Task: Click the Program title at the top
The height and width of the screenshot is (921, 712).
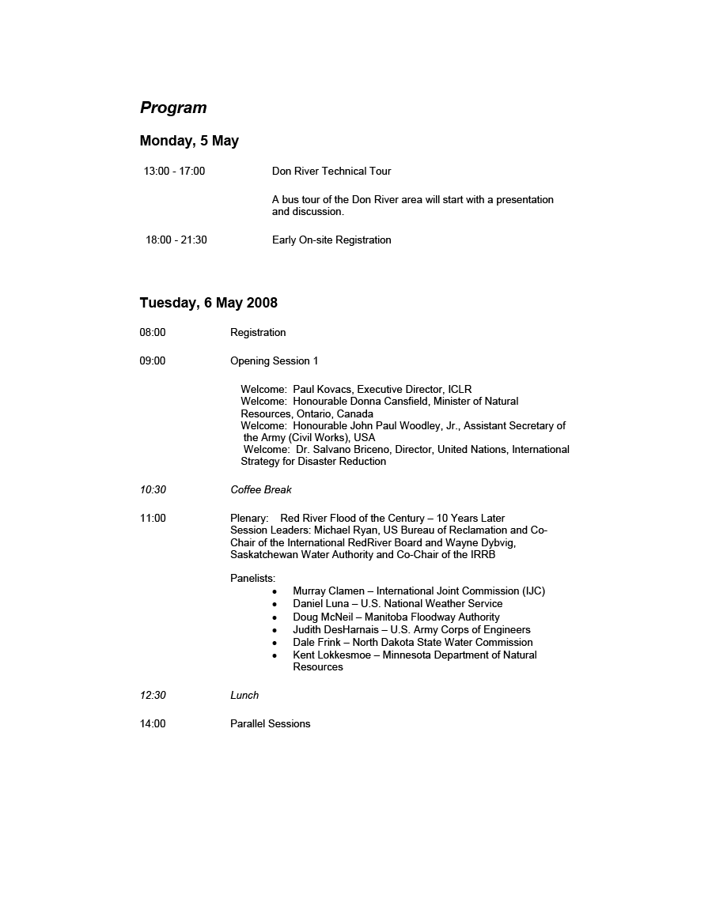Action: coord(173,108)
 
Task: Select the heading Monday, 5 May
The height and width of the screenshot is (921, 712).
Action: coord(189,141)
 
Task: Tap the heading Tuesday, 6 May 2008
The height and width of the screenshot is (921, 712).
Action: coord(208,303)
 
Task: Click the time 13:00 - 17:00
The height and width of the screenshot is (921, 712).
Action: coord(174,171)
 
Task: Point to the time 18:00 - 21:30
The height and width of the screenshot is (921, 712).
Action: coord(176,240)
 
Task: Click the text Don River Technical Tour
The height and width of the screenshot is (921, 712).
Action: coord(331,171)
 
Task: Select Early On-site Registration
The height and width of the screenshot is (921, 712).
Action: coord(331,240)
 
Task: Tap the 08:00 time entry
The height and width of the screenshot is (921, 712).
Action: coord(153,332)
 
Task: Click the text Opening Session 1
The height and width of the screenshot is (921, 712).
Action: coord(274,360)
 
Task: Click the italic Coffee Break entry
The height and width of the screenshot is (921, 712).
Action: coord(261,489)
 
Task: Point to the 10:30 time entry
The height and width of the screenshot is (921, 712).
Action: coord(153,489)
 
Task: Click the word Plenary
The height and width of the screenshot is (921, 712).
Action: coord(249,518)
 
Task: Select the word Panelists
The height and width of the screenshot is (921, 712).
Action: coord(252,578)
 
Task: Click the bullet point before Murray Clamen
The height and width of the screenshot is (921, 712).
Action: coord(275,591)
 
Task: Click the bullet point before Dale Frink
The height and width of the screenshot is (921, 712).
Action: coord(275,643)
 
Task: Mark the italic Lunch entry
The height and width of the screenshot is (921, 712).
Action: coord(244,695)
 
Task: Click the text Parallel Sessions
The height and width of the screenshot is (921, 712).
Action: coord(270,723)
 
